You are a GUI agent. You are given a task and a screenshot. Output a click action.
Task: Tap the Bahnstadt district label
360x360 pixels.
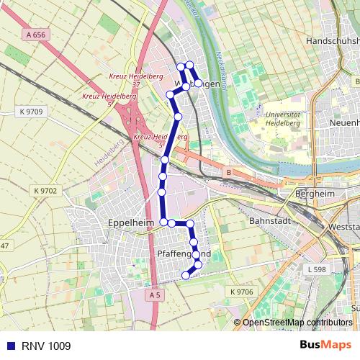pos(267,221)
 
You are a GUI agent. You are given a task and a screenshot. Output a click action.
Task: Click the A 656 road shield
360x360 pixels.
pos(35,34)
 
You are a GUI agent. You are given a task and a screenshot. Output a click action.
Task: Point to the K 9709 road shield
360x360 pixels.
pos(31,112)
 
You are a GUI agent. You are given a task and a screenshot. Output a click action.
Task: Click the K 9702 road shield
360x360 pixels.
pos(45,190)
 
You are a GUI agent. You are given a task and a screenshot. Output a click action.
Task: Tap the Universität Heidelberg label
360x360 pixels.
pos(282,119)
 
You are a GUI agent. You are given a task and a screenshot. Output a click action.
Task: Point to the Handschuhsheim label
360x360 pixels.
pos(332,42)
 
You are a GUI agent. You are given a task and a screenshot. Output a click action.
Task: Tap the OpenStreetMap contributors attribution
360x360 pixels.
pos(297,323)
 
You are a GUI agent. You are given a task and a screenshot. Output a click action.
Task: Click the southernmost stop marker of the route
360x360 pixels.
pos(185,274)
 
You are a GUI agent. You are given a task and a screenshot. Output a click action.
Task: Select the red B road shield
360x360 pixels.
pos(228,173)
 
